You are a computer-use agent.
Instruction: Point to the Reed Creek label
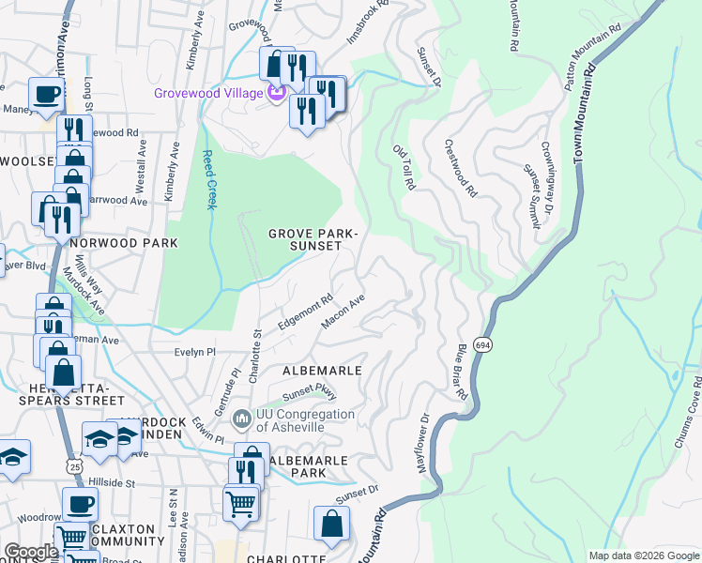(x=209, y=181)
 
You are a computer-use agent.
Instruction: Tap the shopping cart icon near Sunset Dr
(x=241, y=503)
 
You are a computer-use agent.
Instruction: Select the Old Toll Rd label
(x=404, y=168)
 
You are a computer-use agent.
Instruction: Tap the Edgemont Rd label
(x=306, y=313)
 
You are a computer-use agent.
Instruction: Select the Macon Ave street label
(x=343, y=312)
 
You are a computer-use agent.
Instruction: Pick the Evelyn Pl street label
(x=195, y=352)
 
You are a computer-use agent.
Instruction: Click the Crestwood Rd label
(x=460, y=168)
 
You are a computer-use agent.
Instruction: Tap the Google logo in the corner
(x=31, y=552)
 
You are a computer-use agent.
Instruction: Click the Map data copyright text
(x=644, y=555)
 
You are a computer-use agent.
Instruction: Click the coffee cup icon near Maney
(x=46, y=94)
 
